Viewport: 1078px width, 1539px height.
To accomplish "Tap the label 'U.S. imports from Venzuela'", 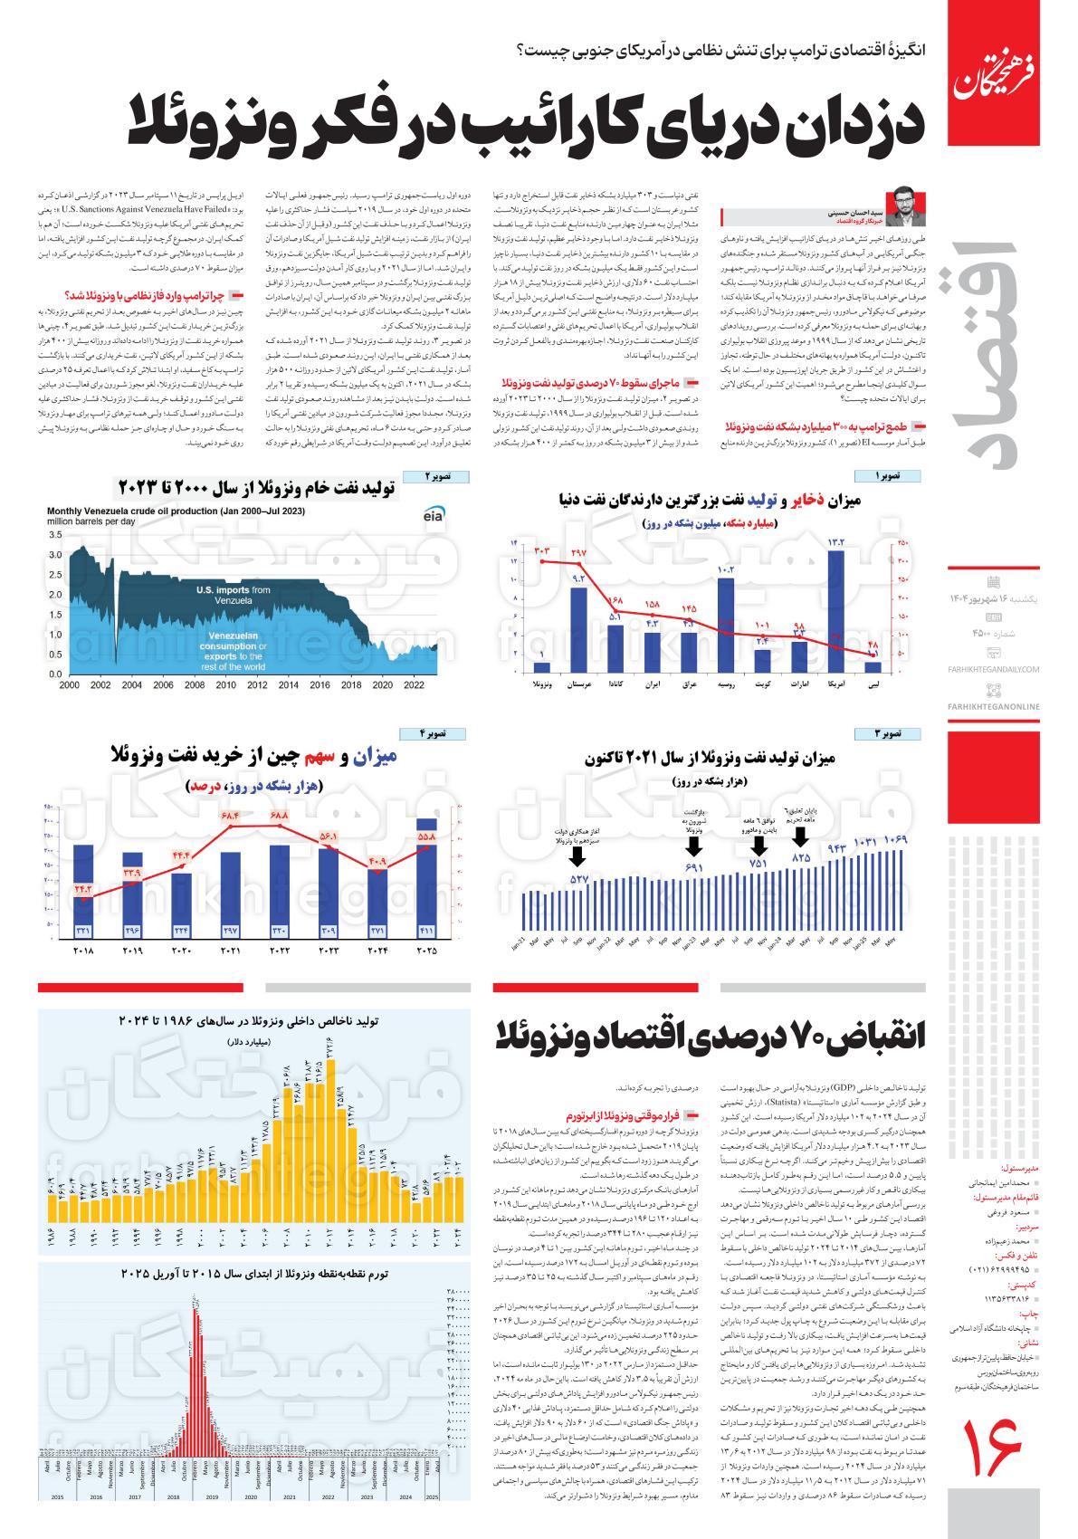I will click(234, 595).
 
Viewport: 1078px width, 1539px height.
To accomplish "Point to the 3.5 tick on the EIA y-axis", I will click(55, 536).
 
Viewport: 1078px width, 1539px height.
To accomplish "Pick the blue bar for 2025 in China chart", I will click(425, 878).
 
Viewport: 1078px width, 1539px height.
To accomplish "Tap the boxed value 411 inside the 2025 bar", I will click(425, 930).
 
